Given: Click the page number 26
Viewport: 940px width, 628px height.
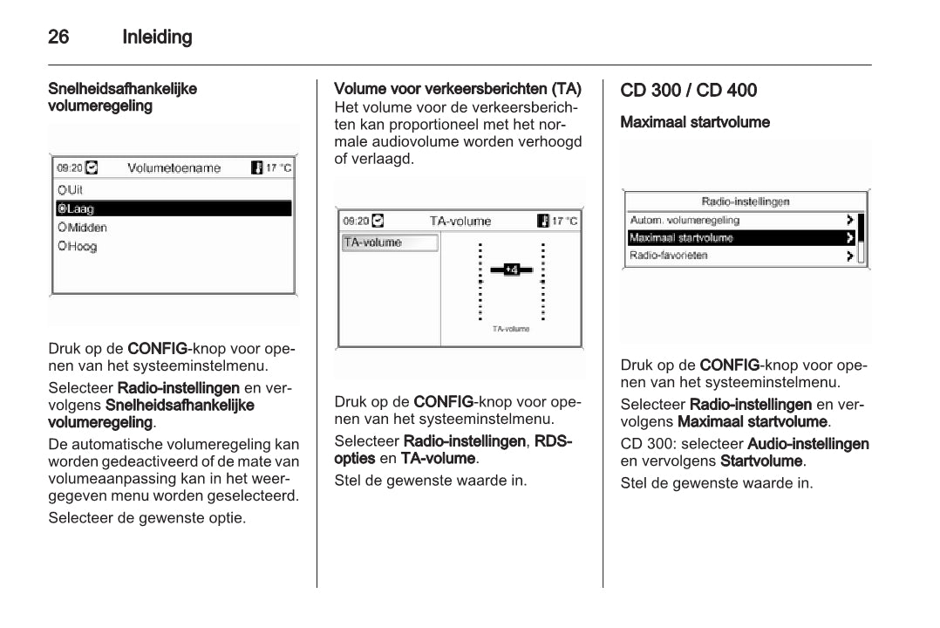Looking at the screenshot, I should pos(58,37).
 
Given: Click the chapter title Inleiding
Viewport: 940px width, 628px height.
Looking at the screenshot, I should pos(157,37).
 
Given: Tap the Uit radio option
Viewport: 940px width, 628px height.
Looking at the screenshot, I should pos(71,189).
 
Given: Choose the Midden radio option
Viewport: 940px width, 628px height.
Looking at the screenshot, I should pos(83,228).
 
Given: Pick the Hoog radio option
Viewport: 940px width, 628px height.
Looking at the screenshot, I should pos(78,247).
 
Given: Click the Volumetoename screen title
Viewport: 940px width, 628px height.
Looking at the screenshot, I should pos(174,168).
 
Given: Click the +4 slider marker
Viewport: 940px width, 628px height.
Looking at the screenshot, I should pos(512,270).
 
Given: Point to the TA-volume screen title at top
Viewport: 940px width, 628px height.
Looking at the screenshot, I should pos(460,222).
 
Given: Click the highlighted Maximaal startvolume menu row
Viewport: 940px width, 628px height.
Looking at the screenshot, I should pos(741,238).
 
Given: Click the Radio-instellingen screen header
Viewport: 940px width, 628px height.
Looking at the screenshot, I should pos(746,201).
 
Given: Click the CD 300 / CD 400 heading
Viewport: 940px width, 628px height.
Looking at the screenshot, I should pos(689,90).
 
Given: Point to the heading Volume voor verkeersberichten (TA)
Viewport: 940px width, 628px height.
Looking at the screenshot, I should pos(458,89).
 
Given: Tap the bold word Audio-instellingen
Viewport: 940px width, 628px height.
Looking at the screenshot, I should pos(808,444).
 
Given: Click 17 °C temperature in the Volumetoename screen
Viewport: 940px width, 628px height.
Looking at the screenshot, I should pos(278,168).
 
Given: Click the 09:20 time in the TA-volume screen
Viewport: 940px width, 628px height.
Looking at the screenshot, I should pos(356,222).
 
